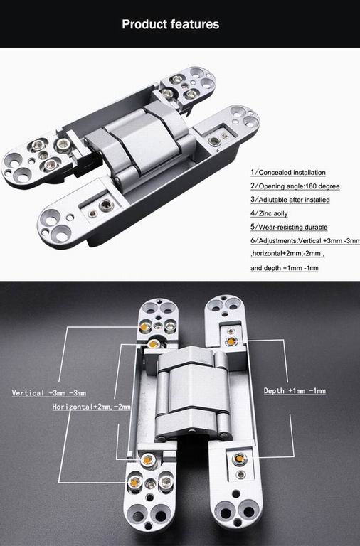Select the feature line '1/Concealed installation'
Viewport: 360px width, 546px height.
[287, 173]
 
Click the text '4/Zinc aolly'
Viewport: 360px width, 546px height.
[270, 213]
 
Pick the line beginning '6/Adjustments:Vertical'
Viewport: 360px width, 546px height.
[305, 241]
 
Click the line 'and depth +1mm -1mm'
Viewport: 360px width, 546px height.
[284, 269]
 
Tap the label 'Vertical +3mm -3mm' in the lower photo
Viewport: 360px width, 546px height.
[49, 393]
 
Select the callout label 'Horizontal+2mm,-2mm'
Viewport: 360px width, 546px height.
[91, 407]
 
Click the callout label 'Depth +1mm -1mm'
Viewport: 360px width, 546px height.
[295, 391]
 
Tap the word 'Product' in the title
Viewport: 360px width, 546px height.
[144, 24]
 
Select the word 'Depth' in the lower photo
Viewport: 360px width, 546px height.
[275, 391]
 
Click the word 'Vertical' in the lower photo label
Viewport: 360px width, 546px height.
[28, 393]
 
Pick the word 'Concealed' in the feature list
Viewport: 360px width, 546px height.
[272, 173]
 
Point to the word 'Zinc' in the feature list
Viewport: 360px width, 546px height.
[265, 213]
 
